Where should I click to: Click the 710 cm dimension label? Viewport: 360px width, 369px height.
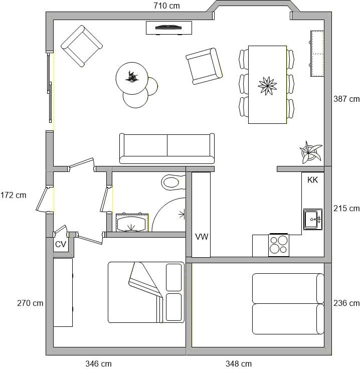166,6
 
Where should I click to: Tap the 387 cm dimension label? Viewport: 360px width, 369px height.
346,99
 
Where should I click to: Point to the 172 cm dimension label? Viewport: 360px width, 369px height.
13,195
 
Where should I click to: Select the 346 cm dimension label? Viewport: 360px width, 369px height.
98,363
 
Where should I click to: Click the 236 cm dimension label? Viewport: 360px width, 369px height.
346,303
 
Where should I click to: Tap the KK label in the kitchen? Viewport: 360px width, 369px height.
312,180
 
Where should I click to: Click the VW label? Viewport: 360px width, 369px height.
202,237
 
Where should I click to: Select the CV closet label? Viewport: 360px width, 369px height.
61,245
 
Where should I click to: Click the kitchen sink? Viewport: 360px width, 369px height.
313,219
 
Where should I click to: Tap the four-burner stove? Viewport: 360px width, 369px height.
279,245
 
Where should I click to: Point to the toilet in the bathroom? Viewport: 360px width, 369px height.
173,182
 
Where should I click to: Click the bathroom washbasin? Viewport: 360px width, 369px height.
132,223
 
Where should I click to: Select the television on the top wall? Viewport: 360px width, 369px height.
168,28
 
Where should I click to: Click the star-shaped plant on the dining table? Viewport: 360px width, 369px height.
267,86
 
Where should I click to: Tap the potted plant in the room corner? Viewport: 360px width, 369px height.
310,152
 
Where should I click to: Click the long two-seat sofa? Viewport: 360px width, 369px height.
167,148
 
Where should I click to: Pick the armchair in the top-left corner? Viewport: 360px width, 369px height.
82,46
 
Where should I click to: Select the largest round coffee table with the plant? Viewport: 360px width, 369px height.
132,78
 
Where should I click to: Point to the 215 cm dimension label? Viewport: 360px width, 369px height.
346,208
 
